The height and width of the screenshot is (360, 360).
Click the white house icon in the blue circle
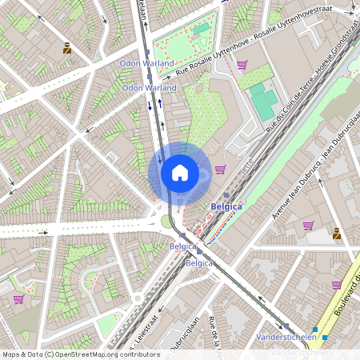coord(179,172)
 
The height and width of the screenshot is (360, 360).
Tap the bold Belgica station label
coord(226,206)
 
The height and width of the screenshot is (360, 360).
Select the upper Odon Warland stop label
coord(148,62)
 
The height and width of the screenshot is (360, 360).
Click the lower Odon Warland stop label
coord(149,87)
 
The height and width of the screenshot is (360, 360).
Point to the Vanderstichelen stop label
coord(296,338)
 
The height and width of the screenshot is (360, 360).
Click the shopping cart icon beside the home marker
coord(220,169)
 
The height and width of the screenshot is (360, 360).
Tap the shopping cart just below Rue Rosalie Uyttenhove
coord(242,65)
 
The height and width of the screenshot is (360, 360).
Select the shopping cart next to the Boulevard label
coord(337,285)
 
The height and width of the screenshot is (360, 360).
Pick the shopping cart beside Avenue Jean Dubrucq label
coord(309,226)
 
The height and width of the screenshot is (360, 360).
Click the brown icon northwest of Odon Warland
coord(67,49)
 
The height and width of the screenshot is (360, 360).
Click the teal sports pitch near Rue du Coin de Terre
coord(262,101)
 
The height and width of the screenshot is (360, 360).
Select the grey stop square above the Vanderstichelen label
coord(286,326)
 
